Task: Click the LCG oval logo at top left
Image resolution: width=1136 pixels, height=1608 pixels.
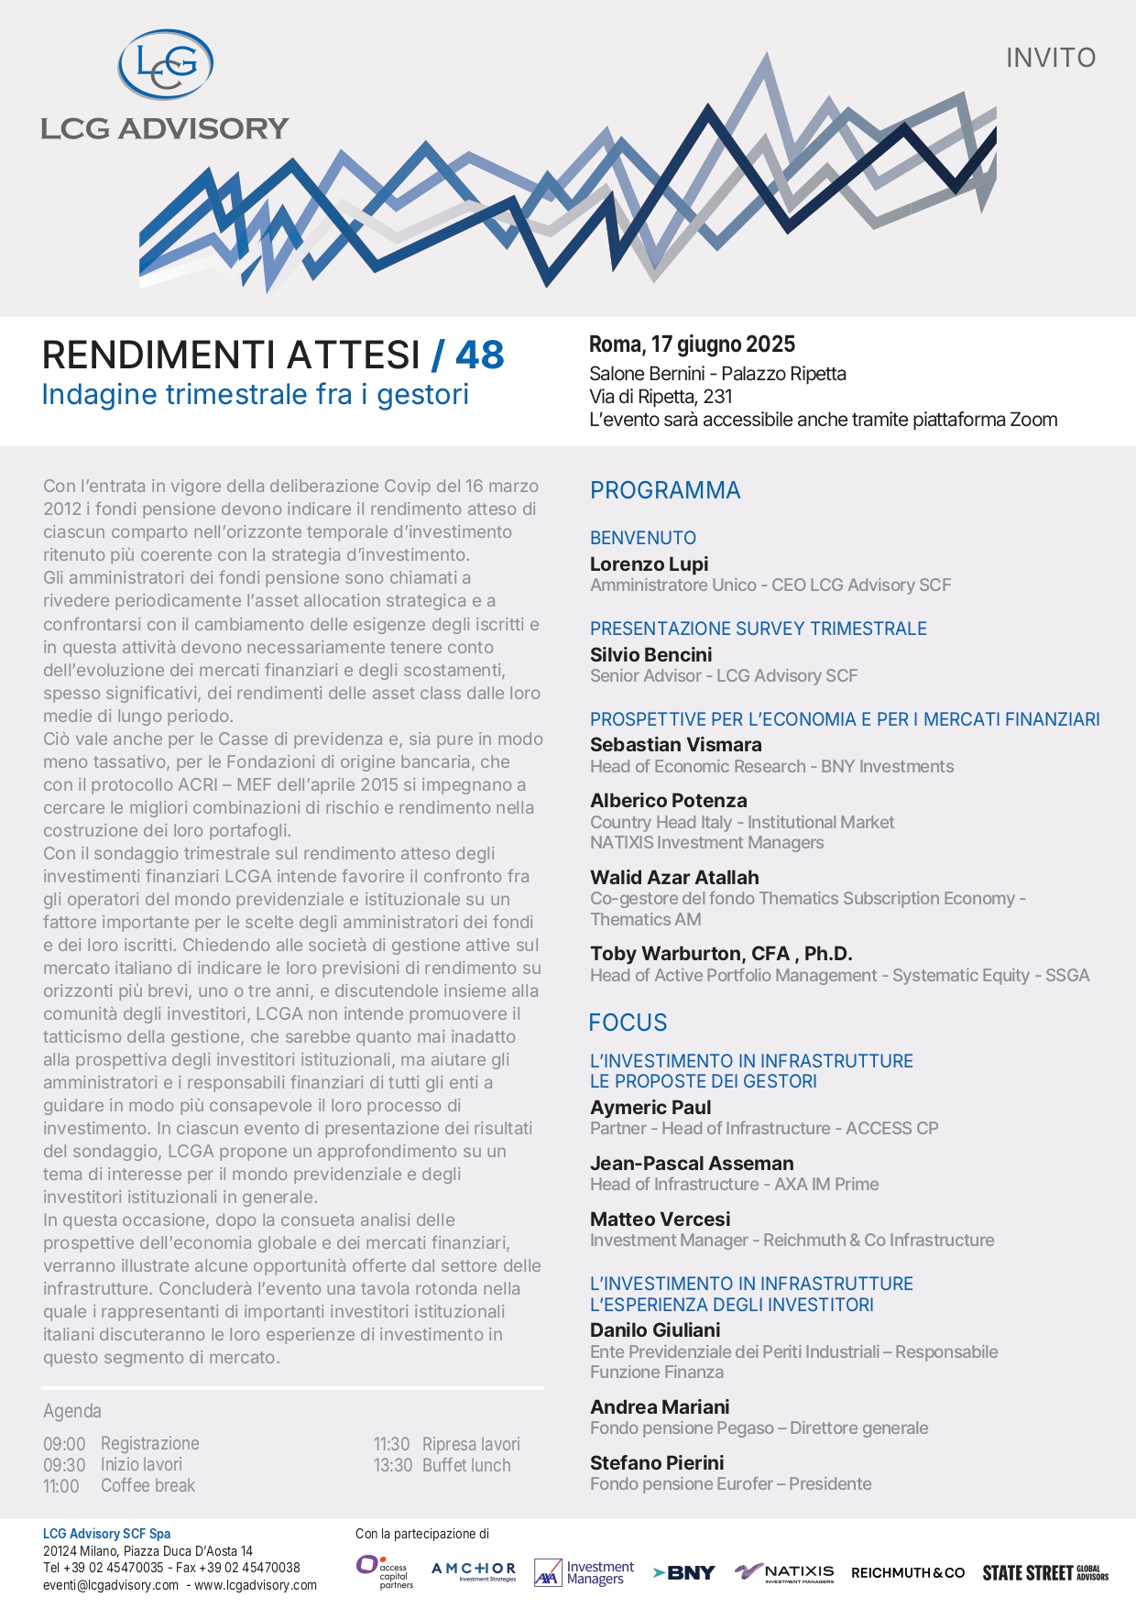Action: coord(166,64)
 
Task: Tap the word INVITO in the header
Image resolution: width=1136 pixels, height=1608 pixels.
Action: coord(1051,58)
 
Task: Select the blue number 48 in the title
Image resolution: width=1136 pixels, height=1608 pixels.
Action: coord(479,356)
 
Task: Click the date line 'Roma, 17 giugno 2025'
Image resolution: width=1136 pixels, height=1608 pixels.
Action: coord(692,345)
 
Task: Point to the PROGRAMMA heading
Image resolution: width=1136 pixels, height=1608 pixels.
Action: coord(665,490)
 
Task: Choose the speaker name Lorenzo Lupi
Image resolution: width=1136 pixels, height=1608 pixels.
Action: coord(649,564)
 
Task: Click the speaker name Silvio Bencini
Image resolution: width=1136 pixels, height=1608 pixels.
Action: coord(650,654)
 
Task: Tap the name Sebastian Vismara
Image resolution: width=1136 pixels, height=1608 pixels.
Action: coord(675,745)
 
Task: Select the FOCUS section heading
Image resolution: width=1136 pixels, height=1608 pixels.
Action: coord(628,1023)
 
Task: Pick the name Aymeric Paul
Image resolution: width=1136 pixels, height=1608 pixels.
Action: coord(650,1108)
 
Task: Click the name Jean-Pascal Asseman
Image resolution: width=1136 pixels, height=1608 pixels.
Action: coord(692,1164)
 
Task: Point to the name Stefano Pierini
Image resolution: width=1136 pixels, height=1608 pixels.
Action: coord(657,1462)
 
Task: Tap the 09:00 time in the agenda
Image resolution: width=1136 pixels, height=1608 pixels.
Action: coord(64,1444)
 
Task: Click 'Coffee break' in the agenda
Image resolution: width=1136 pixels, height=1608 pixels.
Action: coord(147,1485)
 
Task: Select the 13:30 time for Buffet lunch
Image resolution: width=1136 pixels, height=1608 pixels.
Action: coord(393,1465)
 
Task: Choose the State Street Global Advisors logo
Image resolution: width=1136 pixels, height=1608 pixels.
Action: coord(1045,1572)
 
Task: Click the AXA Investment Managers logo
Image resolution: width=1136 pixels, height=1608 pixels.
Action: coord(584,1572)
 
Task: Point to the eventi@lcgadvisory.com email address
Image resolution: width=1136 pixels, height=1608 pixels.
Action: coord(111,1585)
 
